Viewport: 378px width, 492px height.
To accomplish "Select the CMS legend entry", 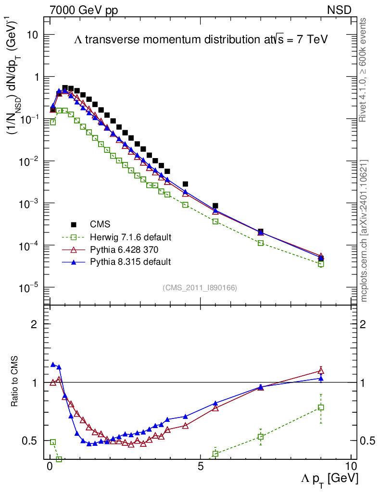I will coord(100,224).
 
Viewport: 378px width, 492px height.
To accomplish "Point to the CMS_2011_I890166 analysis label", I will coord(200,287).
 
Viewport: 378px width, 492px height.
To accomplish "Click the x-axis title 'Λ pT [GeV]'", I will coord(329,479).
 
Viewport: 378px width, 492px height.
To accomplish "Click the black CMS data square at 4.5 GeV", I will coord(185,184).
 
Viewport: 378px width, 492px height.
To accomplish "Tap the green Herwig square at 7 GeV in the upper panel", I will coord(261,243).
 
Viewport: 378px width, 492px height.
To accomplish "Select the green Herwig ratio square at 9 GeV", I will coord(321,407).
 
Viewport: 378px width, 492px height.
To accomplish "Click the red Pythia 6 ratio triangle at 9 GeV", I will coord(321,370).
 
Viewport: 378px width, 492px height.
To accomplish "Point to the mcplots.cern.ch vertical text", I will coord(364,231).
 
